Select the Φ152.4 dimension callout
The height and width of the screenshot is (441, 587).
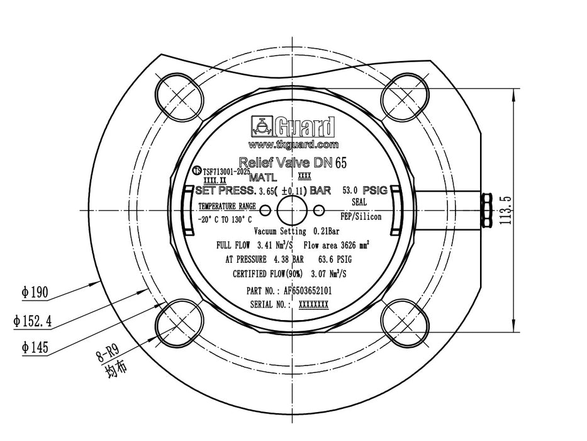(32, 321)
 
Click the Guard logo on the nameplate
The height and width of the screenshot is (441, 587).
(293, 127)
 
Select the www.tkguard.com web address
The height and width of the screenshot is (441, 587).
(293, 144)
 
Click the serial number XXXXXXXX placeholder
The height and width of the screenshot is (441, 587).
(313, 304)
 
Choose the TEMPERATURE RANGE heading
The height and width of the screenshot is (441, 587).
(227, 206)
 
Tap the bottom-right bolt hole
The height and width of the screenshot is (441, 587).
(405, 324)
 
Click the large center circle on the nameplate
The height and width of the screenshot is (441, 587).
(292, 209)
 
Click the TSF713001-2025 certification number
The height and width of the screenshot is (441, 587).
(226, 171)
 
